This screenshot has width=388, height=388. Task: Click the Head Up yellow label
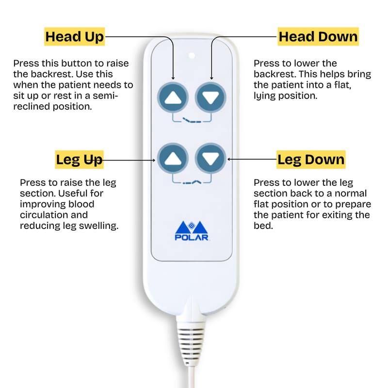click(75, 37)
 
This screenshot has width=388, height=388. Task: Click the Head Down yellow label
click(318, 37)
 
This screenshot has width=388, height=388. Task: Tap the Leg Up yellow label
click(79, 160)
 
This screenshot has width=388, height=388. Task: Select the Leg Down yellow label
click(311, 160)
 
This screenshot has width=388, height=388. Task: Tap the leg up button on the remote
click(173, 159)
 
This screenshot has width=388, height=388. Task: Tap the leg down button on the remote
click(210, 159)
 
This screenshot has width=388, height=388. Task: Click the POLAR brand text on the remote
click(192, 238)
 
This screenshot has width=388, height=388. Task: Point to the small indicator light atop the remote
click(192, 56)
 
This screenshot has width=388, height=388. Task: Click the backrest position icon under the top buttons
click(192, 120)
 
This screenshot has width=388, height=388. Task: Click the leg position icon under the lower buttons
click(192, 182)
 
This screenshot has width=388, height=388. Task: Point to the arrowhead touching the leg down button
click(229, 159)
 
